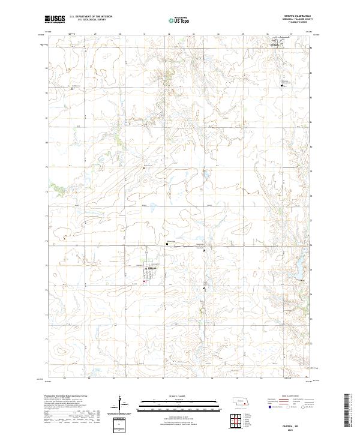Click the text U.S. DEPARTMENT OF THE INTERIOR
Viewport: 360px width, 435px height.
(x=91, y=17)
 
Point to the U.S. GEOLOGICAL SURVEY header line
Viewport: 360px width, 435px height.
(x=91, y=20)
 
